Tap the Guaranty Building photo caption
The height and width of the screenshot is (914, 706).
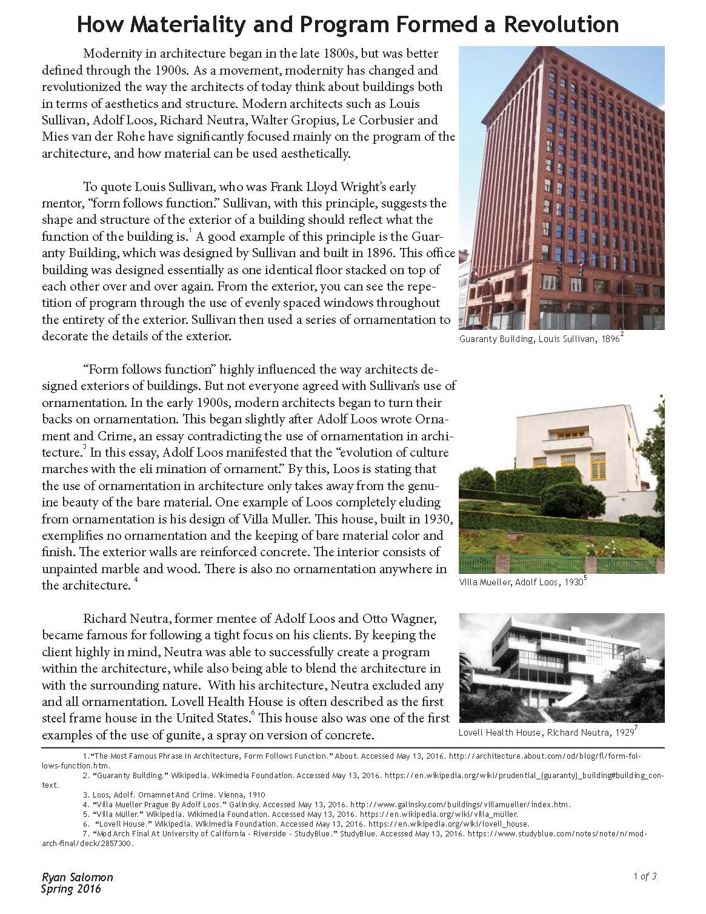[x=540, y=340]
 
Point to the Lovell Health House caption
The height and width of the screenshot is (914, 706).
[x=546, y=733]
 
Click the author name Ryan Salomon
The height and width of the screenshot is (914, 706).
[x=77, y=877]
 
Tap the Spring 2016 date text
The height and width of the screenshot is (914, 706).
[x=71, y=889]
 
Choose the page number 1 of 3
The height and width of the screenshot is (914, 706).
[x=645, y=876]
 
